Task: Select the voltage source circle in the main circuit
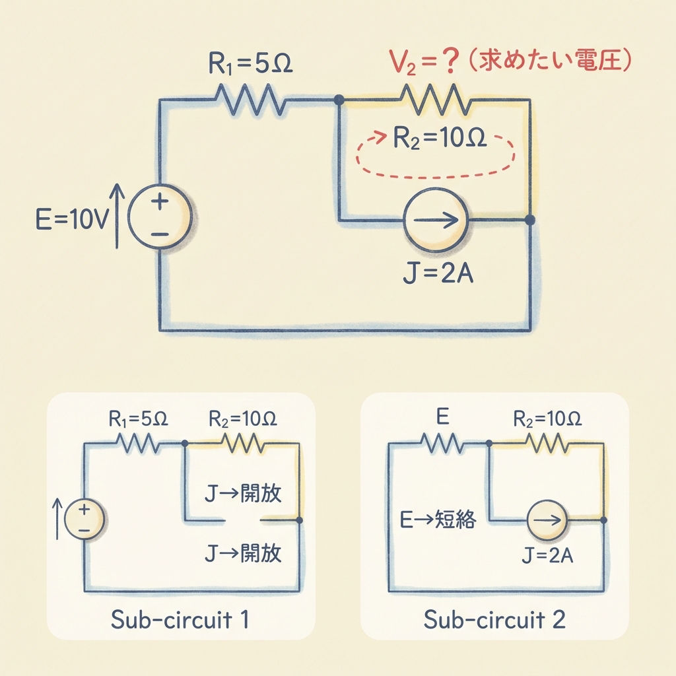click(159, 216)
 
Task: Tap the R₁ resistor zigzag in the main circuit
click(250, 100)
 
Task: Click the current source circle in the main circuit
click(435, 220)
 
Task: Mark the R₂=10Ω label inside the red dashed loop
click(440, 140)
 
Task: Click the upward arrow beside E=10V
click(117, 216)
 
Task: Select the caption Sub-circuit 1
click(180, 620)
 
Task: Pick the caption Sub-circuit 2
click(494, 620)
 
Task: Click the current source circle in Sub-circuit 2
click(547, 520)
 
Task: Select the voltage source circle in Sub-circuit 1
click(84, 519)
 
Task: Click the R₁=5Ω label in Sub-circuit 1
click(139, 419)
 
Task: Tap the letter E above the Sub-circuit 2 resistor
click(442, 417)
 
